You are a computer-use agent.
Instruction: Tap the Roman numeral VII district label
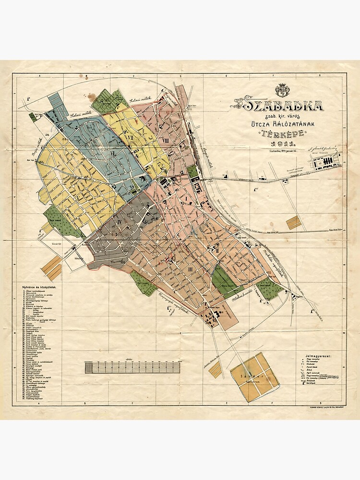tap(130, 137)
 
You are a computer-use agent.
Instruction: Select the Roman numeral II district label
tap(216, 250)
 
